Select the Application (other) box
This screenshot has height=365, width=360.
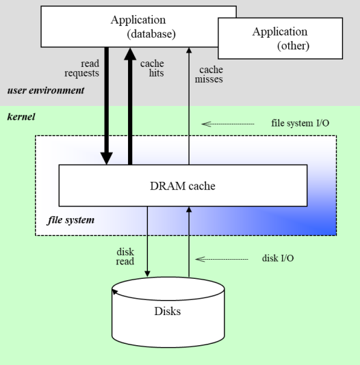coord(281,38)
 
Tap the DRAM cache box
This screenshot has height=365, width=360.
coord(183,185)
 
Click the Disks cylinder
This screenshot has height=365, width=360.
coord(168,312)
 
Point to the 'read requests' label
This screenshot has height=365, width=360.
coord(81,68)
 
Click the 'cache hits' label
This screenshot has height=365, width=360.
coord(152,68)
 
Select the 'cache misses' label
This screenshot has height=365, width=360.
coord(209,75)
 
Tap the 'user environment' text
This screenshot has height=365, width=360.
coord(46,90)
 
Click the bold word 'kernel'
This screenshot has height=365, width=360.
coord(21,117)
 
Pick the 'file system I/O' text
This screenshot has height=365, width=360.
coord(300,123)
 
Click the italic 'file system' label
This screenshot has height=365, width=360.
coord(71,220)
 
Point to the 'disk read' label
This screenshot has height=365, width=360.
coord(125,256)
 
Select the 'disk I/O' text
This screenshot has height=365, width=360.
coord(278,258)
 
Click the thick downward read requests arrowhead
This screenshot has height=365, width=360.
coord(107,159)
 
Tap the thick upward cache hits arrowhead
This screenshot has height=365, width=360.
coord(130,54)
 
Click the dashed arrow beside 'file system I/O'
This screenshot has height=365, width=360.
coord(228,124)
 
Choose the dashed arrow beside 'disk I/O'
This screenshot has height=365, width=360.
coord(222,259)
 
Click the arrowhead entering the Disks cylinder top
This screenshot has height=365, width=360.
coord(147,273)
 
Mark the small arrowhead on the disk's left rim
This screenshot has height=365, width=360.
coord(115,292)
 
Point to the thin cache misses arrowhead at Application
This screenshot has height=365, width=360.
coord(189,51)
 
